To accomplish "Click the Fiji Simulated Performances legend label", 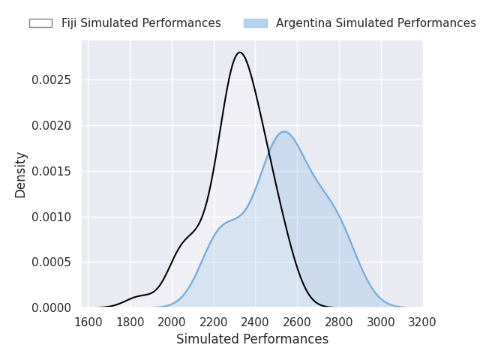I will (141, 23).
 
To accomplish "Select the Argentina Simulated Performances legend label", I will (376, 23).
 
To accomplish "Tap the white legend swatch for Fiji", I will (40, 23).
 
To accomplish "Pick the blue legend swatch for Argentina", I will (255, 23).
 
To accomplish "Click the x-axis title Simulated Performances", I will (252, 340).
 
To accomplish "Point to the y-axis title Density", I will (21, 174).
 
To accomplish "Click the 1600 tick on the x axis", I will (88, 322).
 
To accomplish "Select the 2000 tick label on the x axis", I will (172, 322).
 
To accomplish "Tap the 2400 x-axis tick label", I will (255, 322).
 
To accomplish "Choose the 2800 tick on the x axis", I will (339, 322).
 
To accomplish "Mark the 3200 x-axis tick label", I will (422, 322).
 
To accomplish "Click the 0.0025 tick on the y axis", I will (52, 79).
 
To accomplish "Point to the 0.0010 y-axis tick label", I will (52, 217).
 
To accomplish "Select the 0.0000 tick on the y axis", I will (52, 307).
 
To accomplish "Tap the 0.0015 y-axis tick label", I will (52, 171).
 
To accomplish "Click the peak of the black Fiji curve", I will (239, 52).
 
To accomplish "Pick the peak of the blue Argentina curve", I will (284, 131).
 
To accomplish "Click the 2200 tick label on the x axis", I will (214, 322).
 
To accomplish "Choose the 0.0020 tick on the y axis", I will (52, 125).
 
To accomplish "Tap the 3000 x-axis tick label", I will (381, 322).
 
